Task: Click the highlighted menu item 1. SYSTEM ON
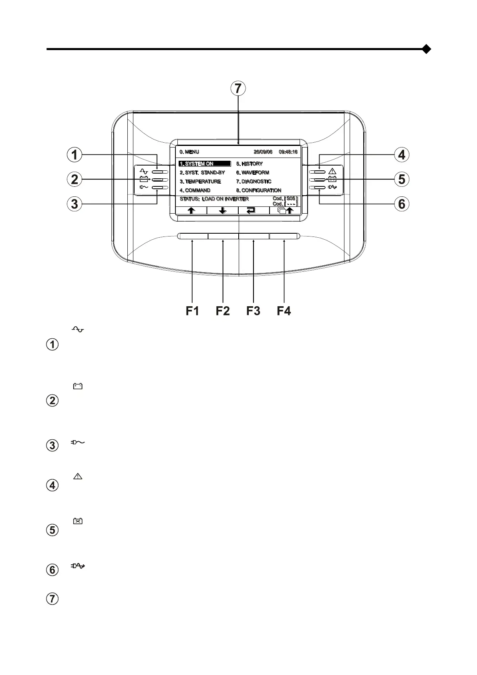coord(205,164)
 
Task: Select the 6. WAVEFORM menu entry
coord(252,173)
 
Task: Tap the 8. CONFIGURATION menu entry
coord(258,190)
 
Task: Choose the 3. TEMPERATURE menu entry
coord(200,182)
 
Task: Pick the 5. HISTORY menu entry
coord(249,164)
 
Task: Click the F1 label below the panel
coord(192,311)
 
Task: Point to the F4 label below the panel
coord(284,311)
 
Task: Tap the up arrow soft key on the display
coord(191,211)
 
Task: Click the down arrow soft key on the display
coord(223,211)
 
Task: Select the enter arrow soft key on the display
coord(251,211)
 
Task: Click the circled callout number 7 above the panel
coord(238,89)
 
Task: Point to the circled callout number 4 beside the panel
coord(402,155)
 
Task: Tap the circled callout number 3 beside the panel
coord(74,204)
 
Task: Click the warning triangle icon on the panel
coord(332,172)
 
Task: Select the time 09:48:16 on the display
coord(288,152)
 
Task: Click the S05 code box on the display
coord(291,198)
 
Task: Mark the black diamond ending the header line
coord(427,49)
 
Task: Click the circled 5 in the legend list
coord(53,530)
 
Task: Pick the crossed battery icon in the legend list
coord(78,521)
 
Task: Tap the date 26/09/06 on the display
coord(263,152)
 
